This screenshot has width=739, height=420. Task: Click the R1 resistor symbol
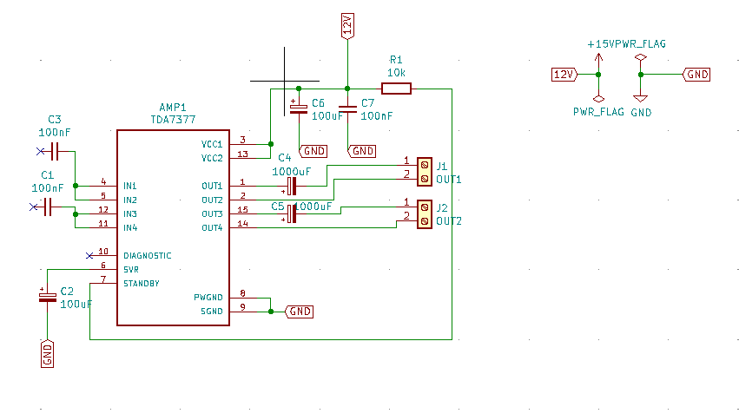click(x=396, y=89)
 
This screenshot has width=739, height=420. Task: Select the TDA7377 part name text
click(x=173, y=120)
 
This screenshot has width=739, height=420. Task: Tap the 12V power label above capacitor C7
click(x=347, y=26)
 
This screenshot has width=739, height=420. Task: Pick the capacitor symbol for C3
click(x=54, y=151)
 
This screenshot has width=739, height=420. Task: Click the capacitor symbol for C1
click(x=47, y=207)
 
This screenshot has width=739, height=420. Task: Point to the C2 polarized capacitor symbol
click(x=47, y=297)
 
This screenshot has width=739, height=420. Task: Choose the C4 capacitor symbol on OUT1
click(x=292, y=186)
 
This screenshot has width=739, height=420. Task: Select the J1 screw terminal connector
click(x=425, y=172)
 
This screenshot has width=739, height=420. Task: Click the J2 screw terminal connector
click(x=425, y=214)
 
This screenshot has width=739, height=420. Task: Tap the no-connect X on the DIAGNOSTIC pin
click(x=89, y=256)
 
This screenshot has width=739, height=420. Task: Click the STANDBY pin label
click(x=142, y=284)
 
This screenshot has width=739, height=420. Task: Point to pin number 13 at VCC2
click(x=243, y=154)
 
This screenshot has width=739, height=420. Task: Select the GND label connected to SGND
click(x=300, y=312)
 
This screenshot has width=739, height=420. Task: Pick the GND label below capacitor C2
click(x=47, y=353)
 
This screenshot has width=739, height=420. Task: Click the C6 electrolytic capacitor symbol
click(x=299, y=108)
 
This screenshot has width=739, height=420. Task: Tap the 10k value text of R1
click(x=396, y=73)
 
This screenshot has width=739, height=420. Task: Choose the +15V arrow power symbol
click(x=598, y=63)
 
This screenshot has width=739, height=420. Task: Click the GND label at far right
click(x=696, y=75)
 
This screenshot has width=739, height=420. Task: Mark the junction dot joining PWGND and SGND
click(x=271, y=312)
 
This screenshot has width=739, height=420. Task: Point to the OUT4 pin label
click(x=212, y=228)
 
